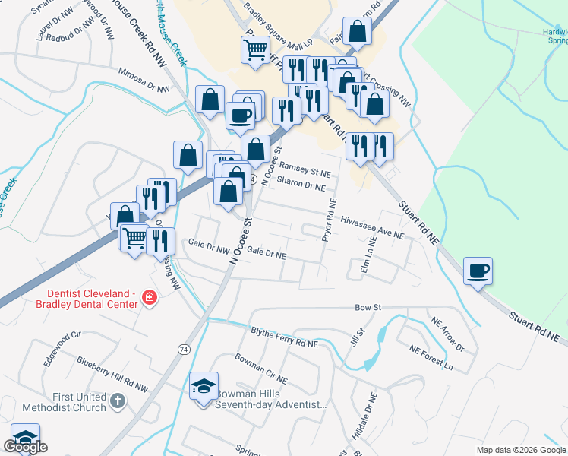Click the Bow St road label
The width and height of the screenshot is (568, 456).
point(368,307)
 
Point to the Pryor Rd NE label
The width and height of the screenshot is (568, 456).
point(329,219)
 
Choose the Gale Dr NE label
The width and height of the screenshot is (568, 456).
point(266,253)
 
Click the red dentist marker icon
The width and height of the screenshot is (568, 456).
point(149,296)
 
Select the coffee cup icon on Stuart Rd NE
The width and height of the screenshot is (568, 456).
point(478,271)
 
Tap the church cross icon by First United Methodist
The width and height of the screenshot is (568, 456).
point(118,401)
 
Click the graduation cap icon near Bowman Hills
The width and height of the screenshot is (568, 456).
point(204,387)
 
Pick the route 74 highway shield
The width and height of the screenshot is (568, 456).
point(184,349)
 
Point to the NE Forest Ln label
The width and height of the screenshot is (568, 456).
point(431,359)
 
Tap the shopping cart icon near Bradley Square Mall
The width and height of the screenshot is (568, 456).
point(255,49)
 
